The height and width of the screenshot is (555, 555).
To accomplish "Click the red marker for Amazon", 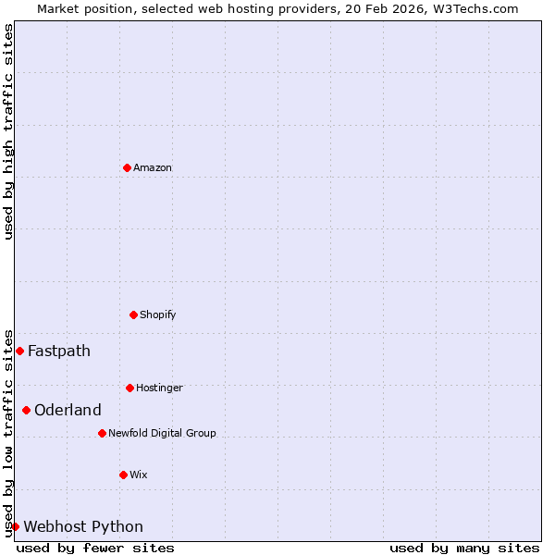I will coord(127,167).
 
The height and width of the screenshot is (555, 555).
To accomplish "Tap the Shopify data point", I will coord(133,314).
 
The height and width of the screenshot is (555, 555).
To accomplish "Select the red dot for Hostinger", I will coord(129,388).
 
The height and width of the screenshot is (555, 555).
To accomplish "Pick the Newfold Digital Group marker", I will coord(102,433).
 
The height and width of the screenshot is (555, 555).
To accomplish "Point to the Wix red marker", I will coord(123,475).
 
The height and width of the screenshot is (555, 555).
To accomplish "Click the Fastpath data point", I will coord(19,351).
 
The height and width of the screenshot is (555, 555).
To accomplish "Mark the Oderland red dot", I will coord(26,410).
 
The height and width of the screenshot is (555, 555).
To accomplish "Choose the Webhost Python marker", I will coord(15,526).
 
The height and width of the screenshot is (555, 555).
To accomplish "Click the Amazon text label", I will coord(153,167).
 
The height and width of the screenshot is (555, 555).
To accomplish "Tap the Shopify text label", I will coord(158,314).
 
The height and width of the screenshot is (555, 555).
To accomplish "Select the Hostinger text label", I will coord(160,388).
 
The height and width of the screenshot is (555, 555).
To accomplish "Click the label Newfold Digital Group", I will coord(162,433).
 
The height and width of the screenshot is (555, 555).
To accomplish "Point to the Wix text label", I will coord(139,475).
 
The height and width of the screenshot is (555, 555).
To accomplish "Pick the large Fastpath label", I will coord(59,351).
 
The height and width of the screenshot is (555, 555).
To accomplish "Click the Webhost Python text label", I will coord(83,526).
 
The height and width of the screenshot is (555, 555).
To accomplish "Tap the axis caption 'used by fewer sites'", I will coord(95,548).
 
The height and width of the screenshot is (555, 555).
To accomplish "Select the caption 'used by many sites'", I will coord(464,548).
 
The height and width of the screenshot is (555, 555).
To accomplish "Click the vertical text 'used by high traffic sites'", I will coord(8,131).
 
